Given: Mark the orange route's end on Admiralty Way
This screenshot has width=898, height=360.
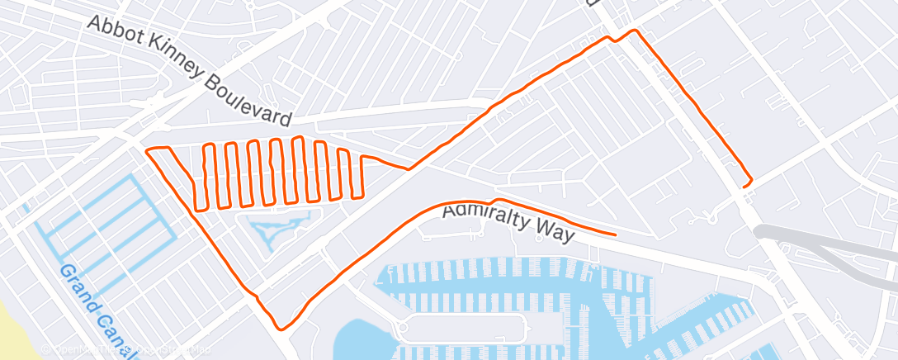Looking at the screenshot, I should coord(615,234).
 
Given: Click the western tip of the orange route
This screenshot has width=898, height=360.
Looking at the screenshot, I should coord(147,151).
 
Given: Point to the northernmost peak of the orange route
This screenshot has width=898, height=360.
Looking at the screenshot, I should coord(634,31).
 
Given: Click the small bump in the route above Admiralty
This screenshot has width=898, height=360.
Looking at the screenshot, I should coord(494,200).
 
